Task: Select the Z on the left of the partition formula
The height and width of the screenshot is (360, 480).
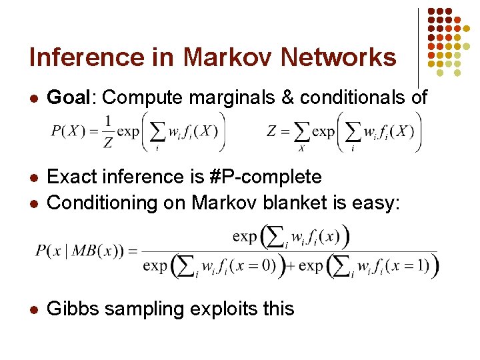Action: click(x=271, y=131)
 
